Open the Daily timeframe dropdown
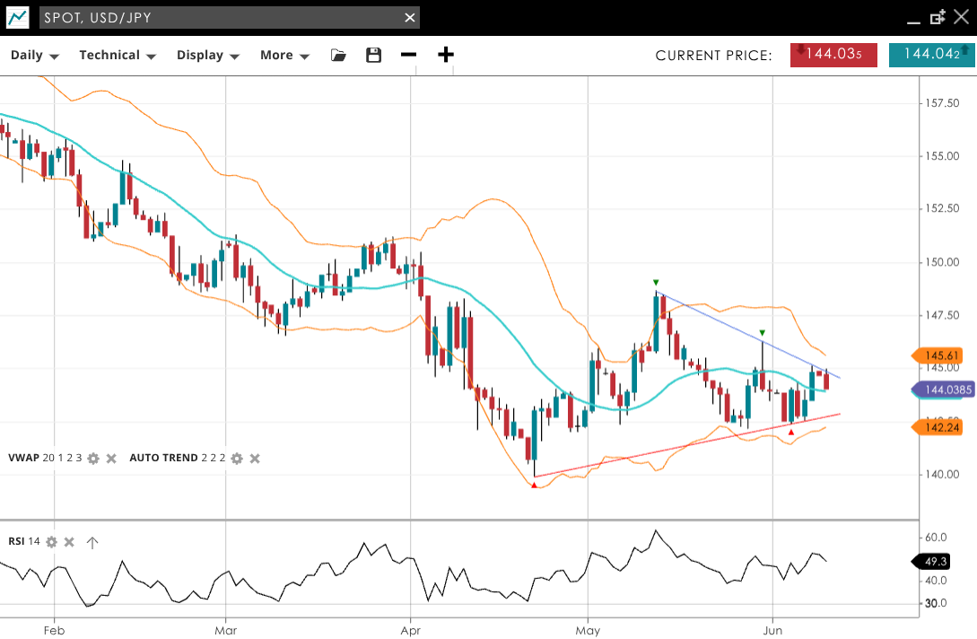(34, 56)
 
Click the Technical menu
(118, 56)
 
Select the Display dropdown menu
(207, 56)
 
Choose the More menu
(284, 56)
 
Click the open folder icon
(338, 56)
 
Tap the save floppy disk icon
(374, 56)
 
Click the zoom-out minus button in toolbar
(409, 56)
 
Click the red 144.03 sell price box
(833, 55)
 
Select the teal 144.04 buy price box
(931, 55)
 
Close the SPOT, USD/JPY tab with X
(410, 18)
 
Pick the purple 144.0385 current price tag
(941, 390)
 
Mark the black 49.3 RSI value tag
(936, 562)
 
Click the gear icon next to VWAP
(93, 459)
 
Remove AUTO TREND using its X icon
(255, 459)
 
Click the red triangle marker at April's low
(535, 486)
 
